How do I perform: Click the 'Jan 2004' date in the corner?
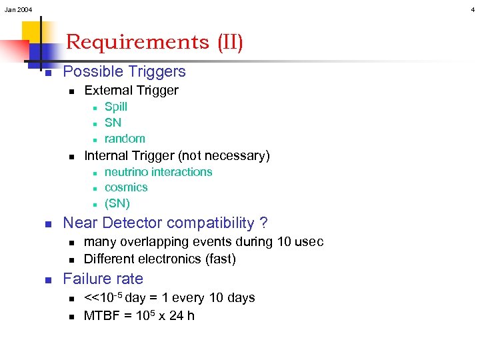point(18,9)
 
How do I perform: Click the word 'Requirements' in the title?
point(137,42)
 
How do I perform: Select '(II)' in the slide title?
point(230,42)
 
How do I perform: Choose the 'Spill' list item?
point(116,107)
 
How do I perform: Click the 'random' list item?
point(125,139)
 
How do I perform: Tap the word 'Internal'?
point(107,156)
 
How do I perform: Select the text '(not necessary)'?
point(223,156)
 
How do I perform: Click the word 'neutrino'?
point(128,172)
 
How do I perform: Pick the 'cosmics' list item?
point(126,187)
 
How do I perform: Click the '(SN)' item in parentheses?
point(117,203)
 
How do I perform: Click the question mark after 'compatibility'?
point(263,223)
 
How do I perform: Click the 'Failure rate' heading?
point(103,279)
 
